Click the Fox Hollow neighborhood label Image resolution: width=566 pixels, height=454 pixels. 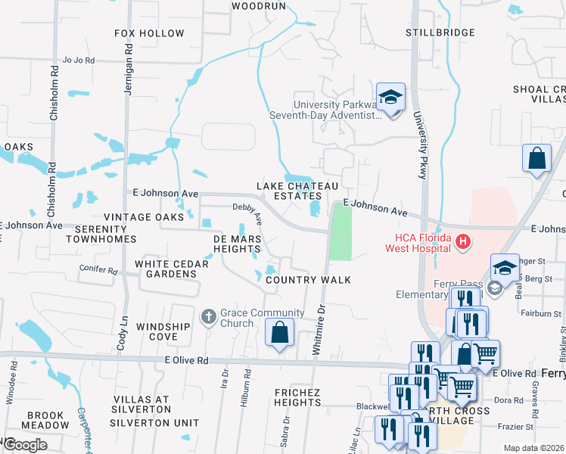point(149,33)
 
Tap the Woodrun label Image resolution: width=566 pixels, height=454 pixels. point(259,5)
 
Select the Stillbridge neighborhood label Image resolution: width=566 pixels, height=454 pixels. point(440,33)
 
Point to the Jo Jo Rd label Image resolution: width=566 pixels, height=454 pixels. point(78,61)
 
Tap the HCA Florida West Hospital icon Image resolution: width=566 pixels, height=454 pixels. point(462,242)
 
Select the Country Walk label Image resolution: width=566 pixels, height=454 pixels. point(307,280)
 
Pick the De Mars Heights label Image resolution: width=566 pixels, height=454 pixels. point(238,244)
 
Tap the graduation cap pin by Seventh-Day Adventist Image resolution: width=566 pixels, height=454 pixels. point(390,98)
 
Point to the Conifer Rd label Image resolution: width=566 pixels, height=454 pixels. point(98,270)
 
